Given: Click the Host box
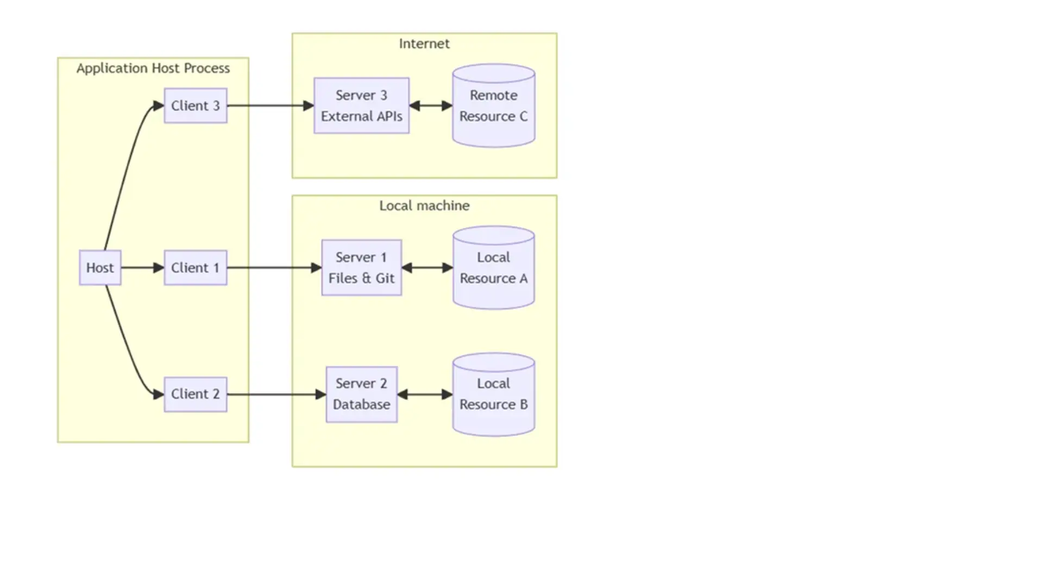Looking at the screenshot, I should [100, 267].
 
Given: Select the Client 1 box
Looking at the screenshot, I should [196, 267].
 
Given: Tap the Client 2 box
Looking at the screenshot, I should [196, 394].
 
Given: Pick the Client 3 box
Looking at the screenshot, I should [196, 105].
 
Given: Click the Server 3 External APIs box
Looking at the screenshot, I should [361, 105].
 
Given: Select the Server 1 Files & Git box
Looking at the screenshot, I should [361, 267].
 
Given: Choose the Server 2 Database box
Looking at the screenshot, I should [361, 394].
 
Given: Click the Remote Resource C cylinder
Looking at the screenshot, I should [493, 106].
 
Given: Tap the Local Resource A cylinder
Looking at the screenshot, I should [493, 268].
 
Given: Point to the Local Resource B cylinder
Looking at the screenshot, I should [493, 395].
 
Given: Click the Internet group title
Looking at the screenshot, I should [424, 43].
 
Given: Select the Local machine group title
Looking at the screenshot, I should [424, 205].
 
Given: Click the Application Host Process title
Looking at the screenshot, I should [153, 68].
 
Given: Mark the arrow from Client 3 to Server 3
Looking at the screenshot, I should [270, 105].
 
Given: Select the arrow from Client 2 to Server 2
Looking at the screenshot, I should [276, 394].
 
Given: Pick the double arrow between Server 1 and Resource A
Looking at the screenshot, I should [427, 267].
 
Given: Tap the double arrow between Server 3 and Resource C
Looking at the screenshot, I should [430, 105].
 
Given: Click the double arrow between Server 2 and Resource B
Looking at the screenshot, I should [425, 394].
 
